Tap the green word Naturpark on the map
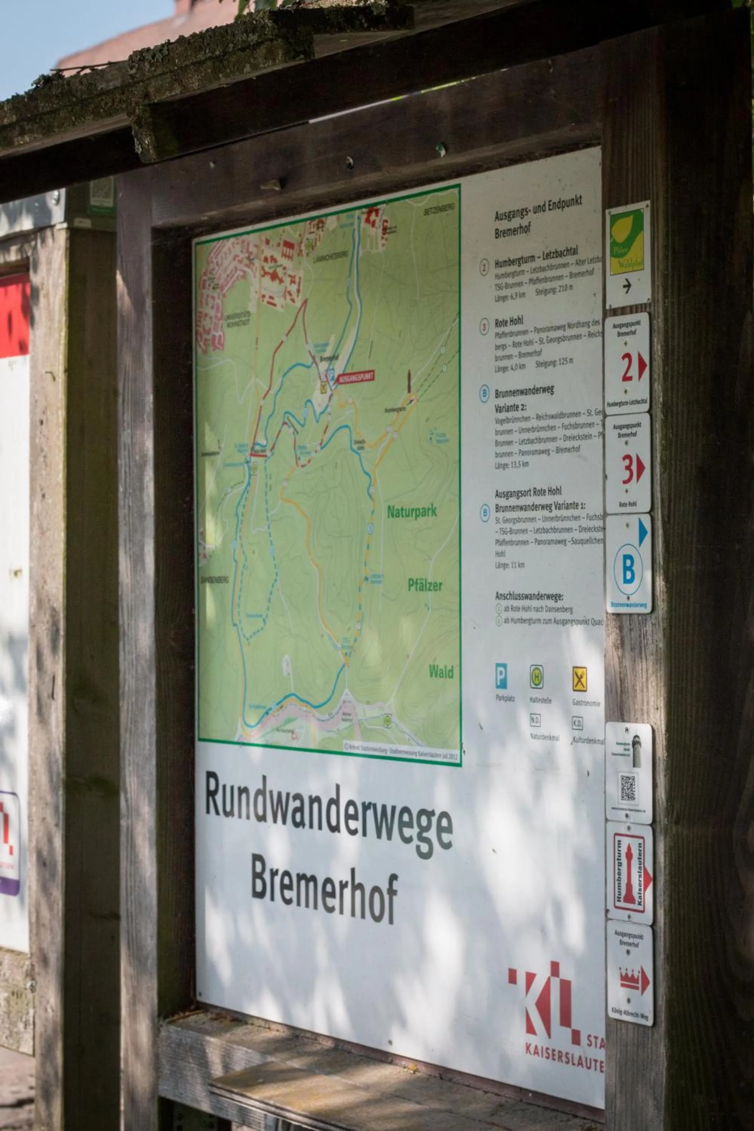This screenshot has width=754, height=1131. (x=412, y=512)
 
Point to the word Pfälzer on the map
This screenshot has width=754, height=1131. (x=425, y=585)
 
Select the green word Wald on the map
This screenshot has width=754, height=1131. (x=440, y=672)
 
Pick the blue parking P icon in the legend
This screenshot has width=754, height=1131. (x=501, y=676)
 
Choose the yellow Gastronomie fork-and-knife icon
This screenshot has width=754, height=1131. (x=579, y=679)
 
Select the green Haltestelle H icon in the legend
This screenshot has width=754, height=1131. (x=536, y=677)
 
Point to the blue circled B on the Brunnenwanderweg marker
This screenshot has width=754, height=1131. (x=628, y=569)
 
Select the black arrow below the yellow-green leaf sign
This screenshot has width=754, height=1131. (x=627, y=286)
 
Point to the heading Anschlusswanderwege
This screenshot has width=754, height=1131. (x=529, y=596)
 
